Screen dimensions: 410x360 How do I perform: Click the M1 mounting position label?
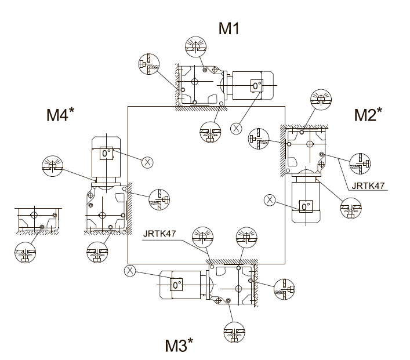[229, 28]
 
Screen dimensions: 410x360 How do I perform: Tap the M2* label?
[368, 114]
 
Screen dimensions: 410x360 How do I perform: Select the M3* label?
[179, 345]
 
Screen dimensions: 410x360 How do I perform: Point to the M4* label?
[60, 114]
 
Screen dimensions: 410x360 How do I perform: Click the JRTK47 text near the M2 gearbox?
[368, 186]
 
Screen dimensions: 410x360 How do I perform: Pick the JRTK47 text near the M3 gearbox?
[159, 234]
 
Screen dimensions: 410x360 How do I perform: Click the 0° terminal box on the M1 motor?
[256, 85]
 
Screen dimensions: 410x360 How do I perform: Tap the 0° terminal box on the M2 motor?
[306, 206]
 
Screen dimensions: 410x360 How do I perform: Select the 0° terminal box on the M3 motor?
[176, 284]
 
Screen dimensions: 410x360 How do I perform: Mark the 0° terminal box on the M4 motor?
[107, 153]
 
